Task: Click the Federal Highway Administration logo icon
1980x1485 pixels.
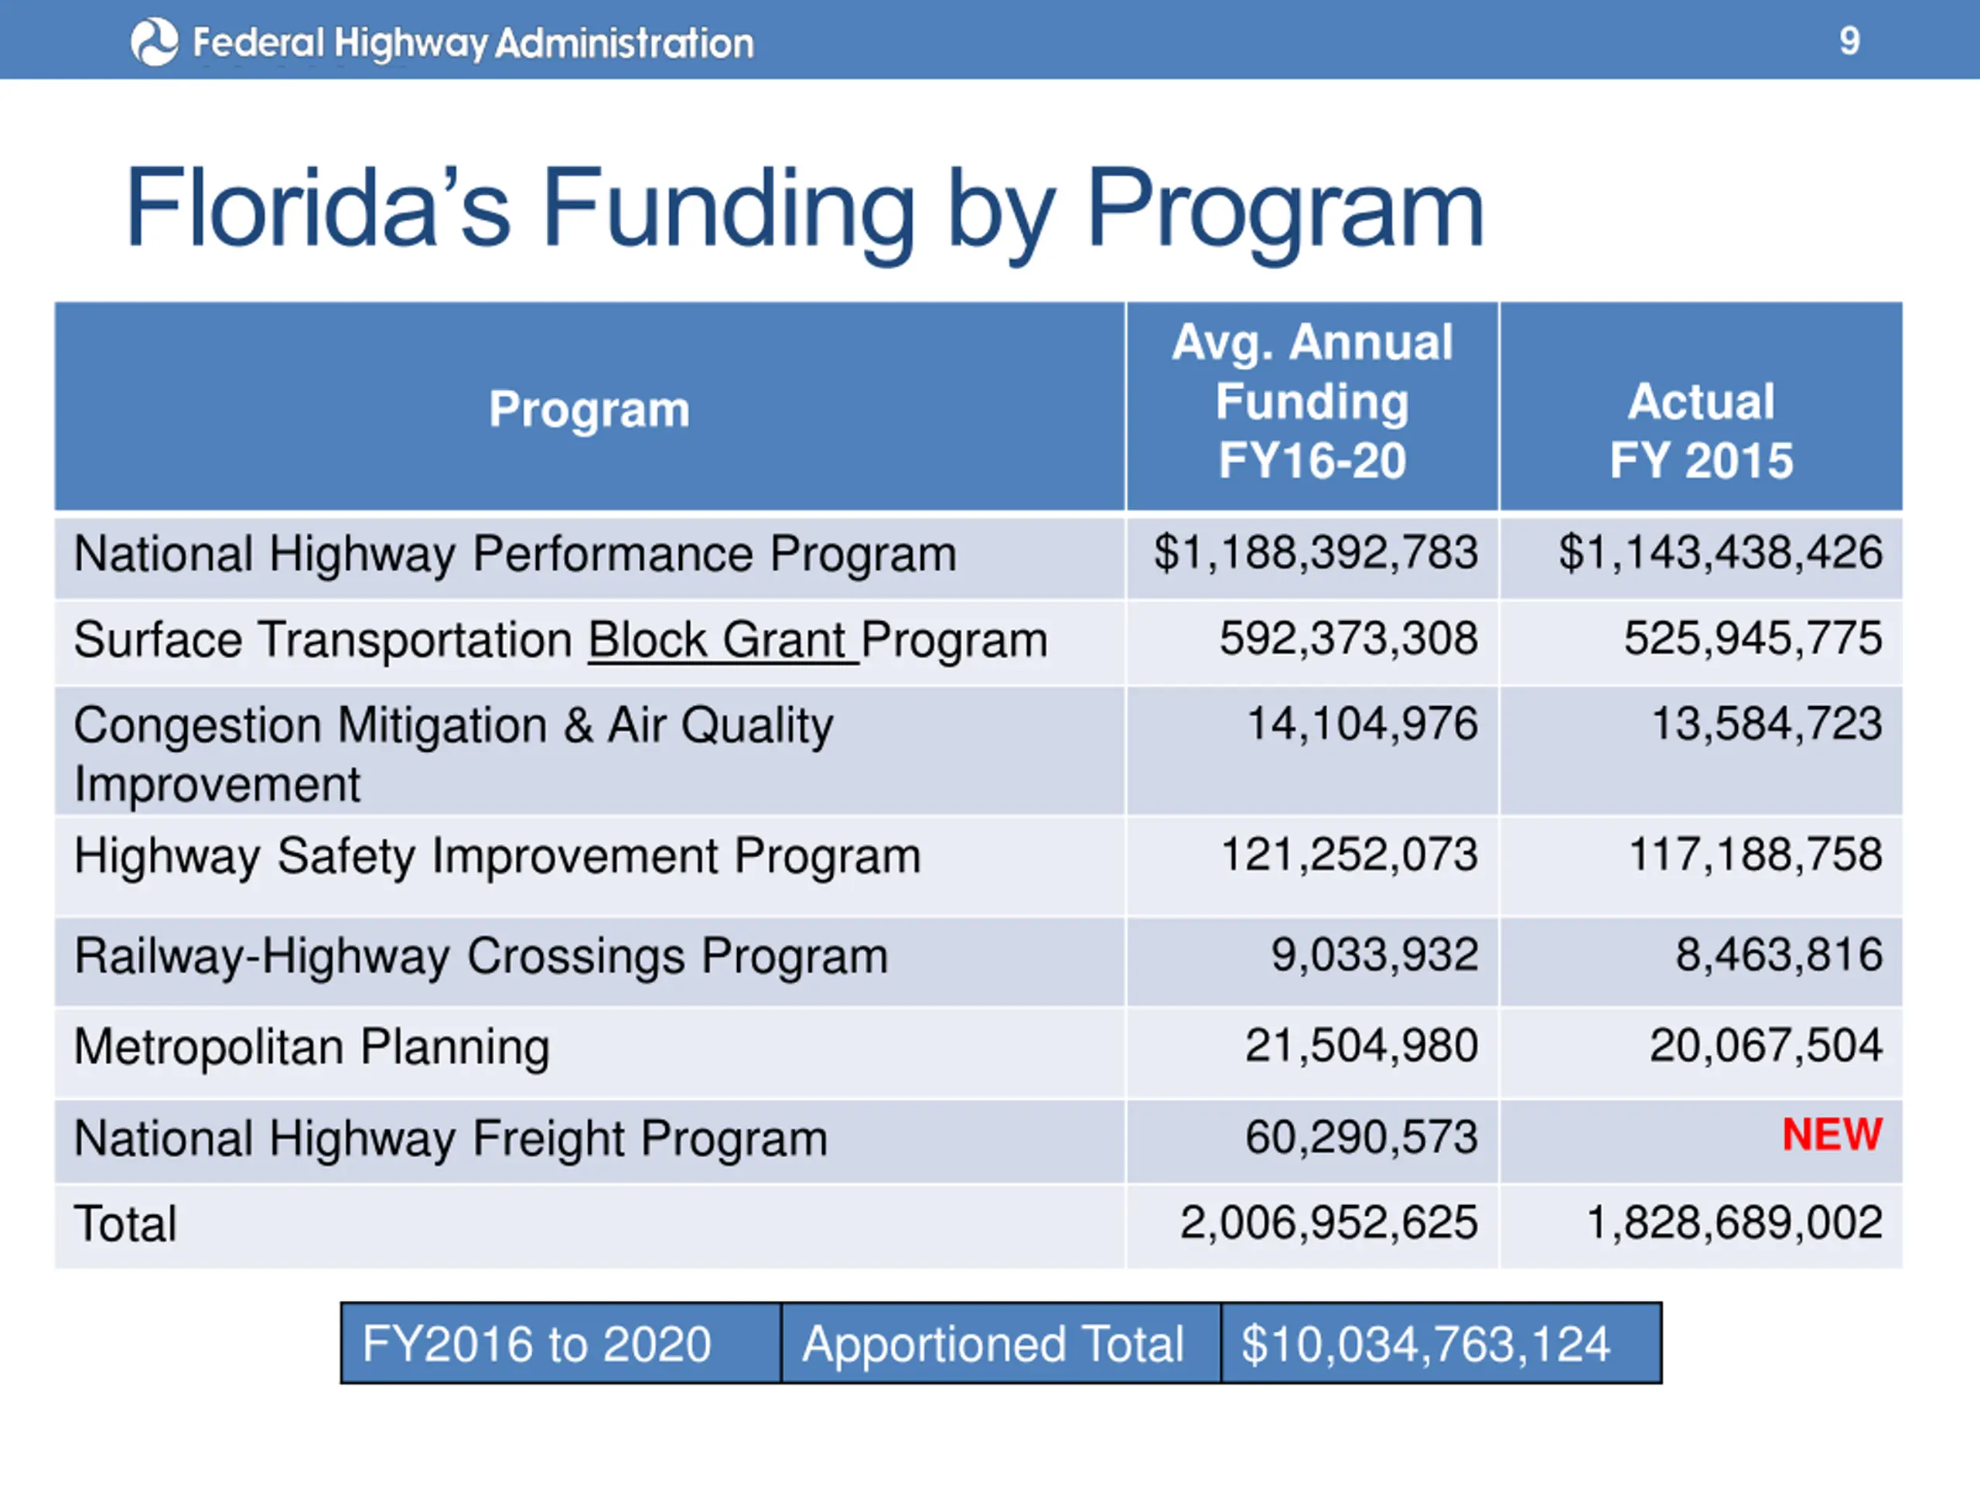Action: pyautogui.click(x=154, y=42)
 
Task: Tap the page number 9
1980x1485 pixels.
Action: pyautogui.click(x=1849, y=41)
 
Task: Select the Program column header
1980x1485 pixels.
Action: pyautogui.click(x=589, y=409)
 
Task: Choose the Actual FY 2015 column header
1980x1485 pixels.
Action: pyautogui.click(x=1701, y=431)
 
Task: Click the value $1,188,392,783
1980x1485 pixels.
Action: pyautogui.click(x=1315, y=552)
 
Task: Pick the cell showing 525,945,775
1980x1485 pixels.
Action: pyautogui.click(x=1753, y=638)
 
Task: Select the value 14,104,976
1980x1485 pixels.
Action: pyautogui.click(x=1361, y=723)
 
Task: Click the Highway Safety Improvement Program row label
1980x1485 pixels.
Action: pyautogui.click(x=497, y=855)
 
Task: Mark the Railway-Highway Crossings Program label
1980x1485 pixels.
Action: pyautogui.click(x=480, y=956)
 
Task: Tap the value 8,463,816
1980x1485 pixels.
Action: pyautogui.click(x=1779, y=954)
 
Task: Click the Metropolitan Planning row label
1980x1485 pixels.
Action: pyautogui.click(x=312, y=1046)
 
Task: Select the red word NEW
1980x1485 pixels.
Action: pyautogui.click(x=1831, y=1134)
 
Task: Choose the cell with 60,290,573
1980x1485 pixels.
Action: pyautogui.click(x=1360, y=1137)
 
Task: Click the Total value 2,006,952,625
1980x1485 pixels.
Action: pyautogui.click(x=1328, y=1222)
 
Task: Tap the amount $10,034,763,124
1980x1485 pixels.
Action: pyautogui.click(x=1425, y=1343)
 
